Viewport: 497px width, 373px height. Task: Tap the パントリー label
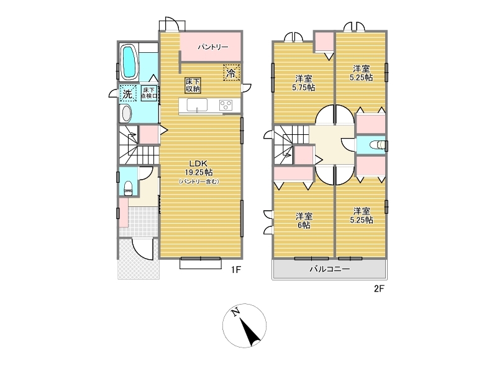point(212,47)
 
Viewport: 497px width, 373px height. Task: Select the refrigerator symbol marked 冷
point(231,73)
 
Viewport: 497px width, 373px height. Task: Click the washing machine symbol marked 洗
point(128,93)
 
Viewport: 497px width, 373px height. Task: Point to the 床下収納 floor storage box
point(193,85)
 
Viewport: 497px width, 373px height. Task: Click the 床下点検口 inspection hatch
point(149,93)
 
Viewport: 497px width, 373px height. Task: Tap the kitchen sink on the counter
point(197,105)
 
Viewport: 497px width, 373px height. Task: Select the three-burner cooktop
point(226,105)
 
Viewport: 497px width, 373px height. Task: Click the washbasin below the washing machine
point(127,114)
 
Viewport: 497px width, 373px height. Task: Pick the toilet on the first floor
point(129,188)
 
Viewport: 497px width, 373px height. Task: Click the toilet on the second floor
point(378,145)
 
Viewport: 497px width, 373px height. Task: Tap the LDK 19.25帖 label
point(199,168)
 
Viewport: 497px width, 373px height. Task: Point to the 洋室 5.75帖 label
point(303,83)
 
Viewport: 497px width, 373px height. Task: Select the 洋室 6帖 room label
point(304,221)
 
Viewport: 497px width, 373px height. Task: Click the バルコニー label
point(330,269)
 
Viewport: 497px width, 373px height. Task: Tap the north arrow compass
point(244,326)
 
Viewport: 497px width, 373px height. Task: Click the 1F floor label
point(236,270)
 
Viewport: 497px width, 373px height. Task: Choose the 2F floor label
point(379,289)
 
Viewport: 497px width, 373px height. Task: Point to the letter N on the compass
point(235,313)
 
